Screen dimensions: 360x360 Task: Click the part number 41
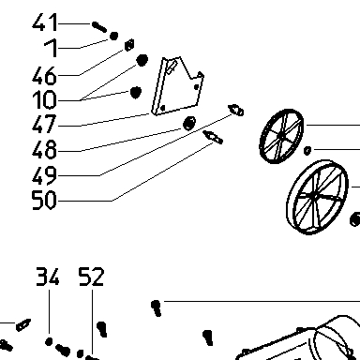click(45, 22)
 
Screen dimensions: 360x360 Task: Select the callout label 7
click(51, 48)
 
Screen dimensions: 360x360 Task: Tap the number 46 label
click(45, 75)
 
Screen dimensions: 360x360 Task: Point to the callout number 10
click(45, 99)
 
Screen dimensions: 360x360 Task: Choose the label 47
click(45, 124)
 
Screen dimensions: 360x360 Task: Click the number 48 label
click(45, 149)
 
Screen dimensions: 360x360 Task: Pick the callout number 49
click(45, 175)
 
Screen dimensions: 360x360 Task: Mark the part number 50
click(45, 201)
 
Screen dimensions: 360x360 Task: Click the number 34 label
click(48, 277)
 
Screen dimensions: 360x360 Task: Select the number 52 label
click(91, 277)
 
